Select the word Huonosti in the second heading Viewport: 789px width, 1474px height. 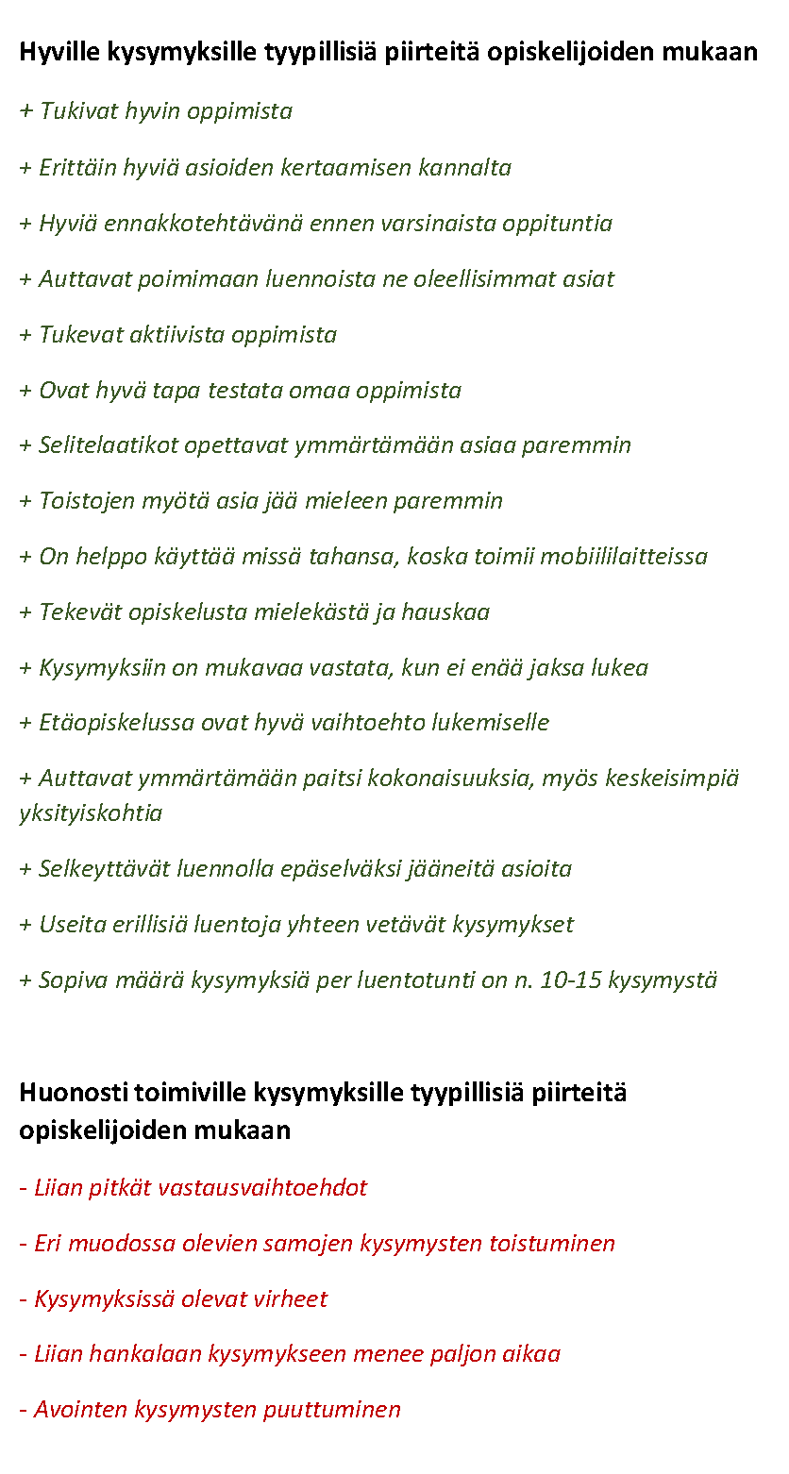pos(74,1093)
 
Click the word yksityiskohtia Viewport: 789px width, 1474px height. pos(91,813)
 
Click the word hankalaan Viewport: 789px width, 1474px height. pos(143,1355)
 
